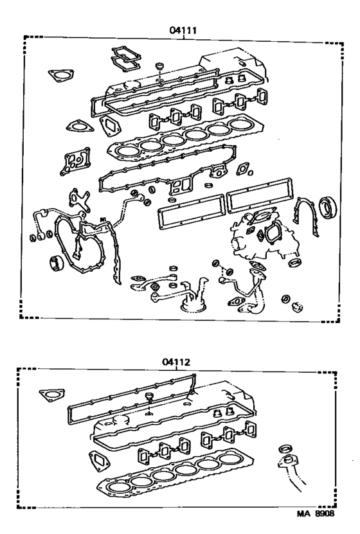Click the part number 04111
(183, 30)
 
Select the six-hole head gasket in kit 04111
(179, 142)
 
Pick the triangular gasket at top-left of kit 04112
(49, 393)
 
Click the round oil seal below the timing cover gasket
(55, 263)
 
